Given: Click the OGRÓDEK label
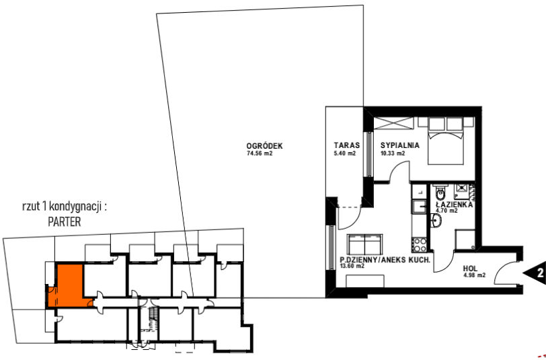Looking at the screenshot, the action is [x=265, y=145].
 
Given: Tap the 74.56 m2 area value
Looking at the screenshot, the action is [x=260, y=153].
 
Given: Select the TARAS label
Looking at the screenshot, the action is [x=346, y=145].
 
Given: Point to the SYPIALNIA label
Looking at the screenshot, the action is [x=399, y=145].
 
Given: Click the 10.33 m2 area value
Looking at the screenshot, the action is [x=393, y=153].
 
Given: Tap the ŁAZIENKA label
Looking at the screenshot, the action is [x=455, y=205].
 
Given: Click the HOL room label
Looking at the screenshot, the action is [x=470, y=268].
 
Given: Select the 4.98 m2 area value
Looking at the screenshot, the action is [x=474, y=275].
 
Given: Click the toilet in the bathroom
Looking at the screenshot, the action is [x=440, y=191].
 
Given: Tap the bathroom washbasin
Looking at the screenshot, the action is [x=436, y=220].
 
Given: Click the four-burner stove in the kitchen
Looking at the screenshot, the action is [x=420, y=244].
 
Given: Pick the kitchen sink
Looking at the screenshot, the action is [x=420, y=207].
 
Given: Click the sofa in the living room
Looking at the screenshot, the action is [x=364, y=244].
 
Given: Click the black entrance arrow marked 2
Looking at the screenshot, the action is [x=535, y=273].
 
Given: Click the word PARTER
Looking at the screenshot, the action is [x=65, y=221].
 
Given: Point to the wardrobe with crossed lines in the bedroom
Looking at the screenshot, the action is [x=393, y=123].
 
